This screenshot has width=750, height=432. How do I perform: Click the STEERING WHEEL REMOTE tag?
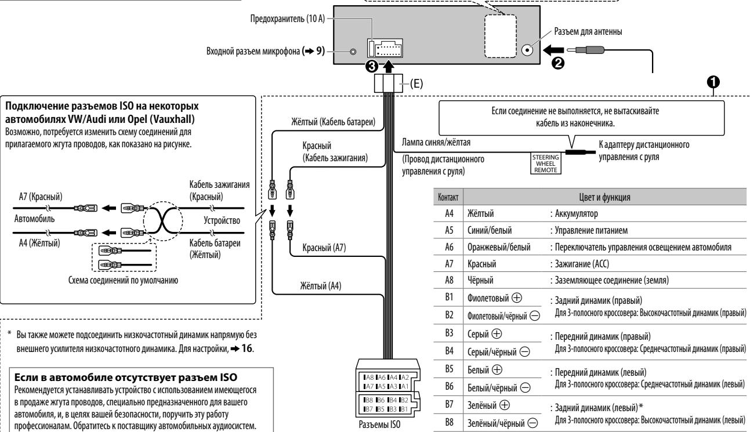pos(545,164)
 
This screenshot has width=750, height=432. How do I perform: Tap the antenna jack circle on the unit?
pos(527,50)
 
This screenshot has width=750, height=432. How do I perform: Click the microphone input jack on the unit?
pos(353,52)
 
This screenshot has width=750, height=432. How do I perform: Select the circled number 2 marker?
pos(557,63)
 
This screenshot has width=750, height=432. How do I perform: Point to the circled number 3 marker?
pos(372,66)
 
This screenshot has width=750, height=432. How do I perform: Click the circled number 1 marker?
pos(713,82)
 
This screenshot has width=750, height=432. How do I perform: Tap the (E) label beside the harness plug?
pos(416,84)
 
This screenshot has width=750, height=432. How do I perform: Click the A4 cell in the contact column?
pos(449,213)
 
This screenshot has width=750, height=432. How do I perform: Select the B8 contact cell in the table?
pos(449,422)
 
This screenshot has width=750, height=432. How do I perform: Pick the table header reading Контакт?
pos(448,197)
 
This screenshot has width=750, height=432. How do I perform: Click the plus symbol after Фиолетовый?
pos(517,298)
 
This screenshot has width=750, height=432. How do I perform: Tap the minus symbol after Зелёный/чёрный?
pos(532,423)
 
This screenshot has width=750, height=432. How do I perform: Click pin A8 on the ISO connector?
pos(369,377)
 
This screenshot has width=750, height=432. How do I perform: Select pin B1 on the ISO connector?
pos(404,409)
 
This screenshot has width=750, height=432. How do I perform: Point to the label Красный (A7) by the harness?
pos(324,248)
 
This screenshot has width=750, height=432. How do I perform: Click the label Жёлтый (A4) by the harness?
pos(321,286)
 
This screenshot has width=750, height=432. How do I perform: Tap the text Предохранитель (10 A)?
pos(288,19)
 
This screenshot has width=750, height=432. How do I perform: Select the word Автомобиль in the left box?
pos(34,219)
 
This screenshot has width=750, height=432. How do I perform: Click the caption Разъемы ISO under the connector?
pos(380,424)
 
